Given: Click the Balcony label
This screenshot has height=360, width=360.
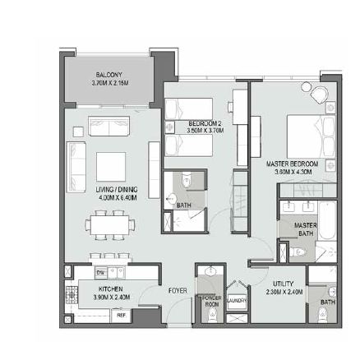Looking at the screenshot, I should point(105,74).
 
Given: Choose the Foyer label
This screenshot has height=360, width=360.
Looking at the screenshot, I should point(178,290).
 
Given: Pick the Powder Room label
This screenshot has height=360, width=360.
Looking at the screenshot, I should point(211,298).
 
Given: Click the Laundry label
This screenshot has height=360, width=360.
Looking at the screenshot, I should point(236,301).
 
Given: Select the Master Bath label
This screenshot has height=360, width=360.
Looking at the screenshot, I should point(306,228).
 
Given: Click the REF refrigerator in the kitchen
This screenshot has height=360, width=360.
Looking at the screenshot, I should point(120,313).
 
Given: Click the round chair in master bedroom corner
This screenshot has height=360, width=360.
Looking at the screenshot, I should point(307,87).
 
